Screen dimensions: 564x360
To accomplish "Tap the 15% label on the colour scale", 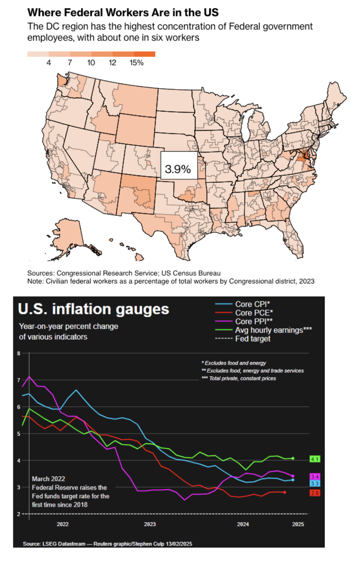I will point(137,63).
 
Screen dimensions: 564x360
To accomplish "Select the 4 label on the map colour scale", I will point(48,63).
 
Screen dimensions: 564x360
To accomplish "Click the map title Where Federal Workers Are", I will point(123,12).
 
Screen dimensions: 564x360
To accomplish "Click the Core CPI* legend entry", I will point(252,304).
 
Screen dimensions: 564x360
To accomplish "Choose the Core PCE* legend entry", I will point(253,313).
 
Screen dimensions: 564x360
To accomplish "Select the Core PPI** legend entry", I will point(253,321).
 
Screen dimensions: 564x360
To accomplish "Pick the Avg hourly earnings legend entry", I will point(273,330).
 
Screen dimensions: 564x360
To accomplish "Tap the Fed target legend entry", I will point(252,339).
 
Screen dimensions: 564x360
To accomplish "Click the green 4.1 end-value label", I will point(315,459).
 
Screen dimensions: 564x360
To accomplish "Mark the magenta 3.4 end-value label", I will point(315,477).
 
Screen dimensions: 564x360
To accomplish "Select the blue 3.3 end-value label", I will point(315,483).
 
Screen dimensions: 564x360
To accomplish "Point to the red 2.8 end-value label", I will point(315,493).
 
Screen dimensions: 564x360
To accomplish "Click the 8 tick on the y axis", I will point(19,353).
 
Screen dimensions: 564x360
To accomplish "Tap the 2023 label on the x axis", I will point(150,524).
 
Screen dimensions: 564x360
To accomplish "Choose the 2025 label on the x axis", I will point(298,524).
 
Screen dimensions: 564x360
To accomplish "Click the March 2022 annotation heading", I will point(48,479).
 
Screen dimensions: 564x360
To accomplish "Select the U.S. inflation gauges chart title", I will point(93,309).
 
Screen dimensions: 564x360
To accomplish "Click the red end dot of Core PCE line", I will point(284,492).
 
